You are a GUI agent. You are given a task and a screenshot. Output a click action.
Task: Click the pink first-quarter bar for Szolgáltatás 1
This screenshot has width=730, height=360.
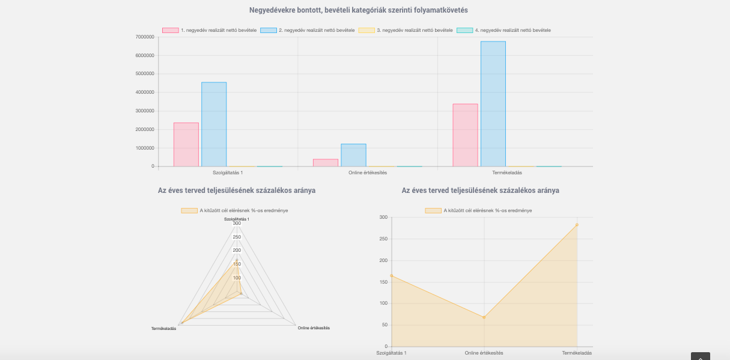(186, 144)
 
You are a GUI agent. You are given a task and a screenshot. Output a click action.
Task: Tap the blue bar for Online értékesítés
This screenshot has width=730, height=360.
(353, 155)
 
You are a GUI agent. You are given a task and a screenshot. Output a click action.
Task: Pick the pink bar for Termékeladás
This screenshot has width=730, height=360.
(465, 135)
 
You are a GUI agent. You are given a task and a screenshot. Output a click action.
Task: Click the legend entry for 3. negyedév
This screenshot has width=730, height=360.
(406, 30)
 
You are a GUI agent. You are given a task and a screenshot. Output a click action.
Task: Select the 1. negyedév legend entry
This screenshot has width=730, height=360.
(210, 30)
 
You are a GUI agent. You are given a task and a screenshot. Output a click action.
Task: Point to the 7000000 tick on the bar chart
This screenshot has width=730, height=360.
(145, 37)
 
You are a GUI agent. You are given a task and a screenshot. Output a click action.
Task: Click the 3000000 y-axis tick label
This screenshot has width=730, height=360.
(145, 111)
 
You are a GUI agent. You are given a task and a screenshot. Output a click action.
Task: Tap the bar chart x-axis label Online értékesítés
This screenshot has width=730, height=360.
(368, 173)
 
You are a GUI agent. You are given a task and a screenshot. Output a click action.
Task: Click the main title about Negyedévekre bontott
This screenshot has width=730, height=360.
(359, 10)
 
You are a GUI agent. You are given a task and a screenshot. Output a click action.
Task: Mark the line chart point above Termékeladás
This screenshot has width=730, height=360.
(577, 225)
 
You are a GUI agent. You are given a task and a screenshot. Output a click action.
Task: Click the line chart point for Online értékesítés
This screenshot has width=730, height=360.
(484, 317)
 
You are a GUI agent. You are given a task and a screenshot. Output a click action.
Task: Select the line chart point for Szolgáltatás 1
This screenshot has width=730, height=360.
(391, 276)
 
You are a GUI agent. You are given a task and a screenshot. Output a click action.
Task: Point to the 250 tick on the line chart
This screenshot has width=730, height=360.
(383, 239)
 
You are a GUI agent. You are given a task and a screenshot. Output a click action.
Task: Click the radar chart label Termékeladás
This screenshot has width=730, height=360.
(163, 328)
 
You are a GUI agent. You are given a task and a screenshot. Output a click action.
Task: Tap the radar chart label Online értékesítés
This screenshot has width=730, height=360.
(314, 328)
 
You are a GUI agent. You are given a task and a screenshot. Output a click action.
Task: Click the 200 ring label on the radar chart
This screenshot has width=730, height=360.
(237, 251)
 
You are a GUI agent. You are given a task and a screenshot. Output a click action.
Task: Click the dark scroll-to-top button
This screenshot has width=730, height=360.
(700, 356)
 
